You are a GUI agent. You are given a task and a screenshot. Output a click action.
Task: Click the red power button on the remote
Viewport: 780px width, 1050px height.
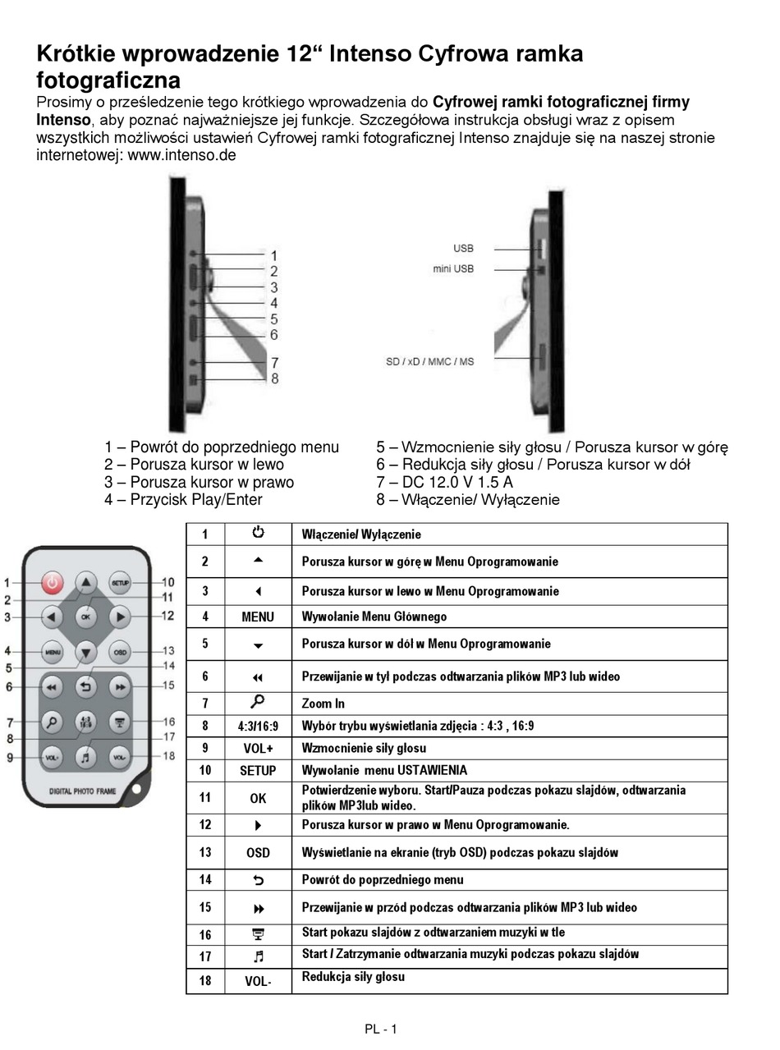point(53,583)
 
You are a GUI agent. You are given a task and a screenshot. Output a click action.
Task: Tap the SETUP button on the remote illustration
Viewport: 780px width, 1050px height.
point(120,582)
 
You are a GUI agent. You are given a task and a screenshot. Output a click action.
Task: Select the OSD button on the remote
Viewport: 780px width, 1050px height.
point(120,653)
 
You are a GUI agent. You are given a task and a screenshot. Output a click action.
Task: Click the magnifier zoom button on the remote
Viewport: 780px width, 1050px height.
point(53,722)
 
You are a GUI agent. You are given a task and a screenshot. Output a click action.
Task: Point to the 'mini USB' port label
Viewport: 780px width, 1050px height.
point(453,269)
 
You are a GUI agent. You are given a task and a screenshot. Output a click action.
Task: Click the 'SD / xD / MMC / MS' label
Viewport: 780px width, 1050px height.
point(429,361)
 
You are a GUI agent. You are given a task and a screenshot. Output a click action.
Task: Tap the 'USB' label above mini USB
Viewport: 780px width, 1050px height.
point(463,249)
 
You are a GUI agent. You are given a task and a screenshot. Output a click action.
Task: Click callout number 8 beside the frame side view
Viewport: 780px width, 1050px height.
point(274,378)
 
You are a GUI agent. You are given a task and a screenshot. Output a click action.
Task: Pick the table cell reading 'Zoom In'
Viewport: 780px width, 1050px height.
point(323,704)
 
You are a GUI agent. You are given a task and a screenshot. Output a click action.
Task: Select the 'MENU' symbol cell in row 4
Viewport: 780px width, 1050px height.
point(258,617)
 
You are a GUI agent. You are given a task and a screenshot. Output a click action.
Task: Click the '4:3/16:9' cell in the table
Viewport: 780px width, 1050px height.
point(258,726)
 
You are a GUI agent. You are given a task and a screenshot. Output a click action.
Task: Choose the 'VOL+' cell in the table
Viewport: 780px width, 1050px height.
point(258,748)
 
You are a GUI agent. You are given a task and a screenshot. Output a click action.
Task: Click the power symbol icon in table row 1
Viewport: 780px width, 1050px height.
point(258,533)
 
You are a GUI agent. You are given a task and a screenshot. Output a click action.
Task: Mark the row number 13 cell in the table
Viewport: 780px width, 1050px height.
point(205,852)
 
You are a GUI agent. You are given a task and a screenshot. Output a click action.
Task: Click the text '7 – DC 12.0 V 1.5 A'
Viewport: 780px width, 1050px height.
point(444,482)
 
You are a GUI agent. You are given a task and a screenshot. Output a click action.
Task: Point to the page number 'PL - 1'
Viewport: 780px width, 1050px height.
point(381,1029)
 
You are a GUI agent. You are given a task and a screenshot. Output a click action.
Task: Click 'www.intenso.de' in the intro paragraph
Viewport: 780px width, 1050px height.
point(182,154)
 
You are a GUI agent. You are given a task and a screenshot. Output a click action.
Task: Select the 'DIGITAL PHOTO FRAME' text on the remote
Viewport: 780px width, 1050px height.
point(83,791)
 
